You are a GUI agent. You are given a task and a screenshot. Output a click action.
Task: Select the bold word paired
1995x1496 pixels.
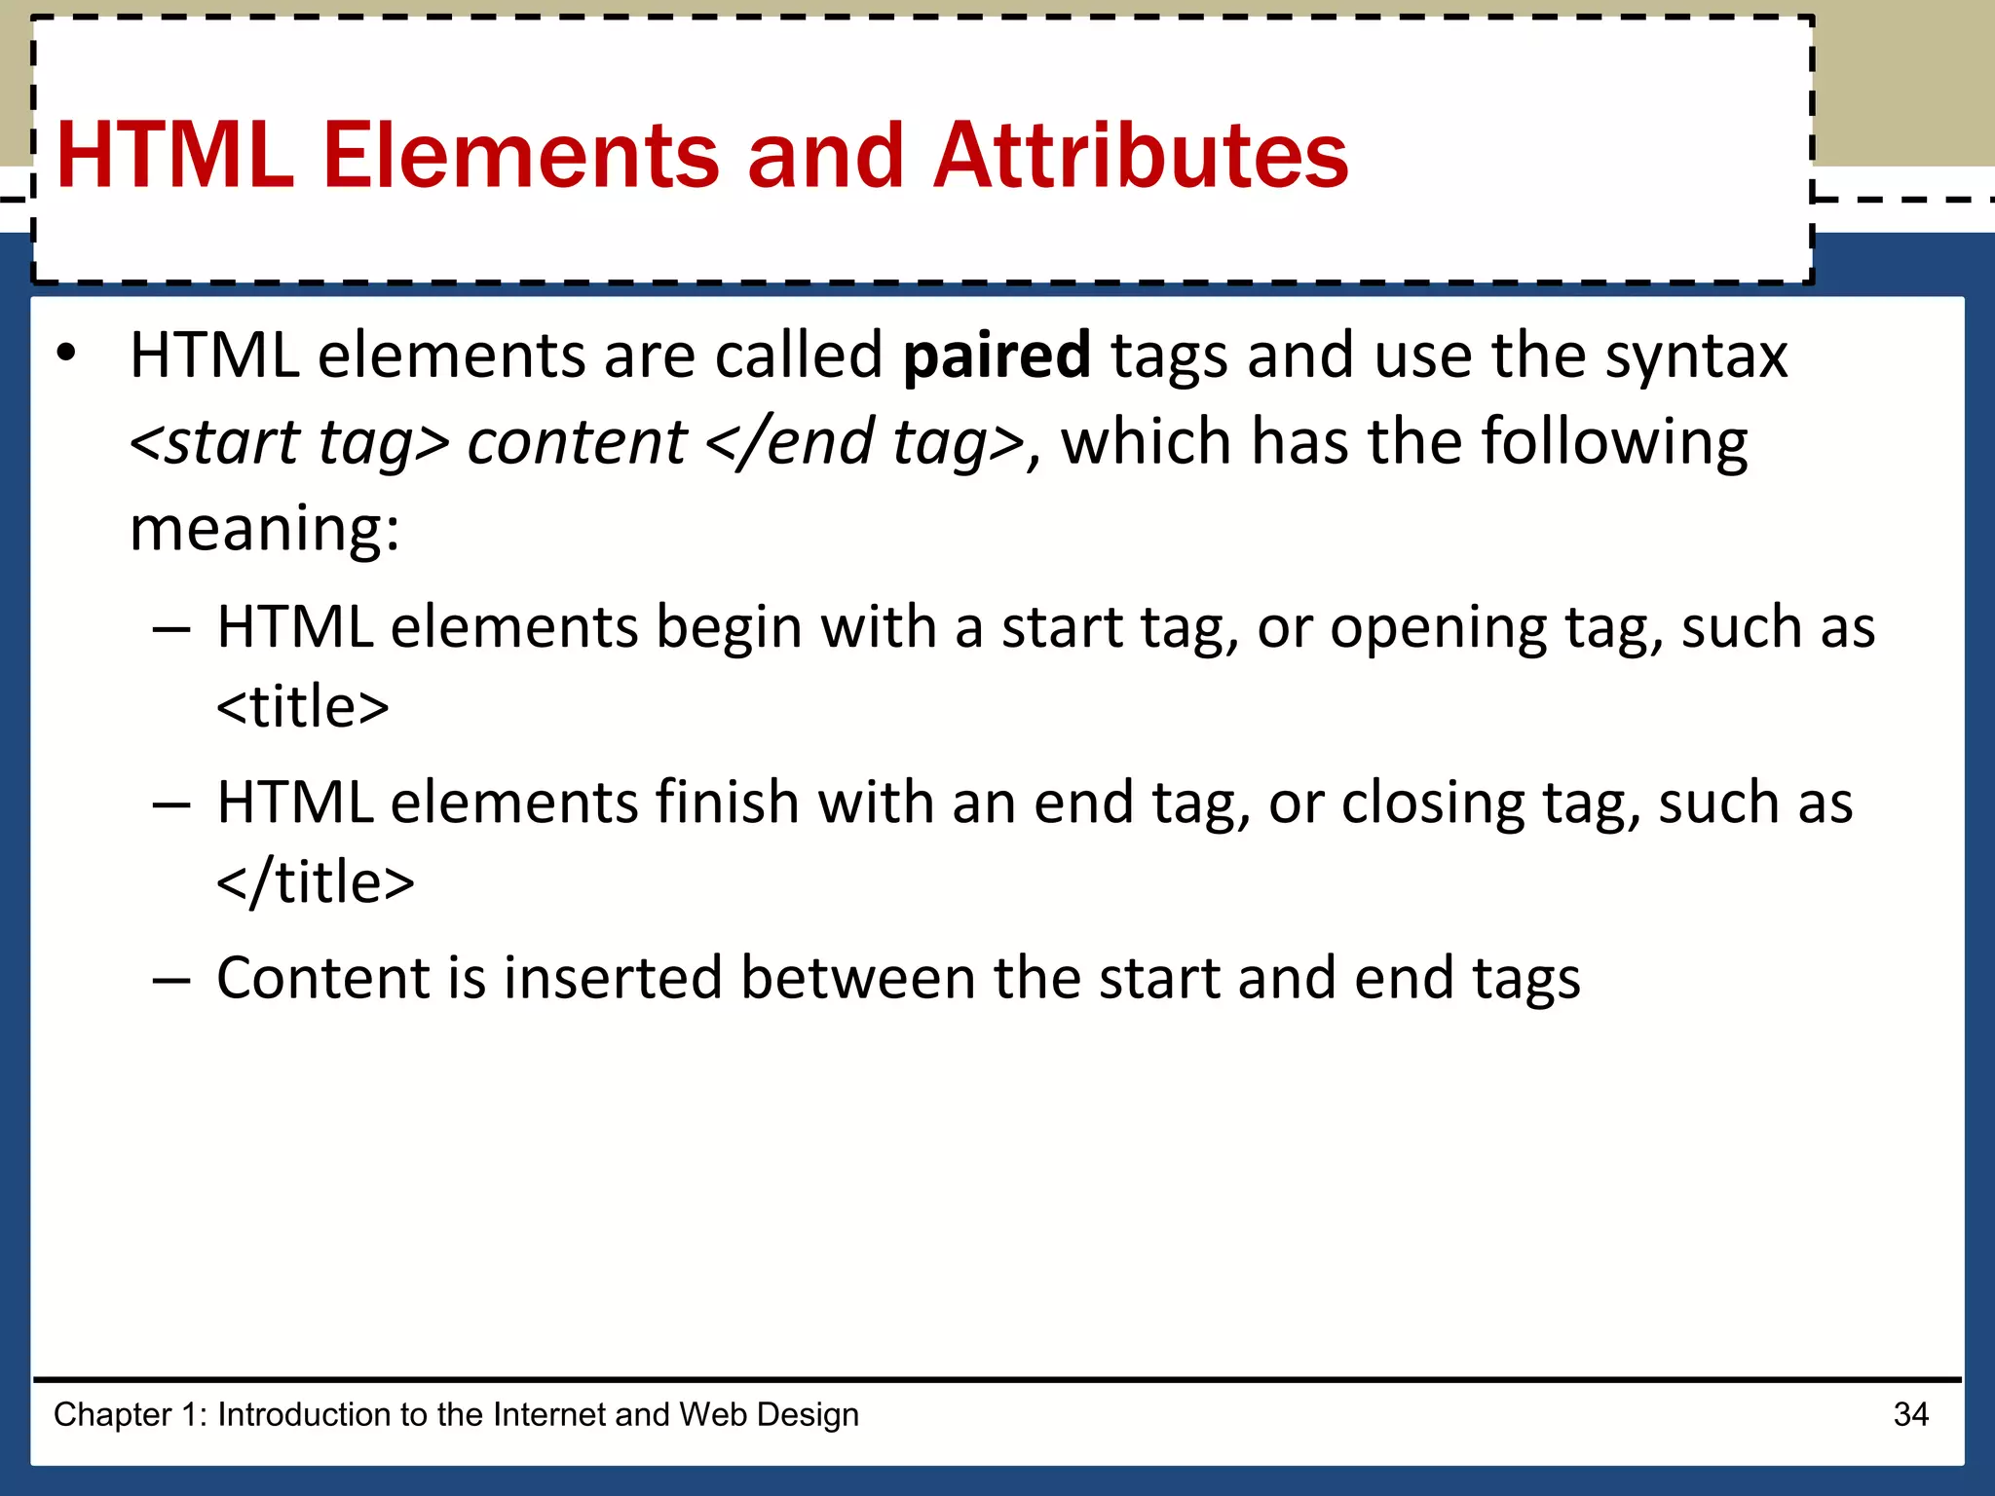(997, 356)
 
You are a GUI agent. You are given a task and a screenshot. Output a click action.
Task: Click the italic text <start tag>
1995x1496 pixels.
(289, 443)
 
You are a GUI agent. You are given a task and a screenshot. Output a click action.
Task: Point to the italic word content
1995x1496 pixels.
(577, 443)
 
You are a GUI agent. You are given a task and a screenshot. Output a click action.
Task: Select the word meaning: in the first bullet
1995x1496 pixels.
(264, 530)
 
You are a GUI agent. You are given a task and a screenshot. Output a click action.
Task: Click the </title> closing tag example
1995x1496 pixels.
(316, 882)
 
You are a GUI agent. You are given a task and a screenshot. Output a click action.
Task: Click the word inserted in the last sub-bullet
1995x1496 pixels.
(613, 978)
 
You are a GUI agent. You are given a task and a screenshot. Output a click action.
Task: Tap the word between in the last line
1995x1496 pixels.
(857, 978)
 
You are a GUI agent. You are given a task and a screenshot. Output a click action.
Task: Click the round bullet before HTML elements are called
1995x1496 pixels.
(65, 355)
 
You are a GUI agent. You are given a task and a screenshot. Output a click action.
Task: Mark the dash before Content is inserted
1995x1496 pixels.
(170, 980)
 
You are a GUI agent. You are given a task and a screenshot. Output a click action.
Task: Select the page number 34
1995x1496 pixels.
(1910, 1414)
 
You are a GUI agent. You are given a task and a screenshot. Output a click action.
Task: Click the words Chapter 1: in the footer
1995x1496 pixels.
(131, 1414)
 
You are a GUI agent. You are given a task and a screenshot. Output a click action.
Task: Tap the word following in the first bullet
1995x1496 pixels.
(1614, 443)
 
